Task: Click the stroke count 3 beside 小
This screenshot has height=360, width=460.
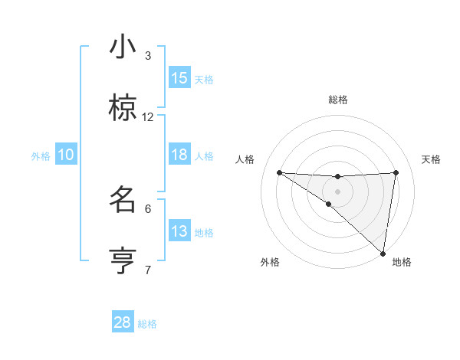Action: [x=148, y=56]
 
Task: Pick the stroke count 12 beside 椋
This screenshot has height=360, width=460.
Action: [x=148, y=117]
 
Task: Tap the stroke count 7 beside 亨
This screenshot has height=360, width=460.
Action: [x=148, y=270]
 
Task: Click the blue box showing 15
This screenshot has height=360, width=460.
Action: [x=179, y=78]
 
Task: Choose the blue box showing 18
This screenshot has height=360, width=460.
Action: [x=179, y=155]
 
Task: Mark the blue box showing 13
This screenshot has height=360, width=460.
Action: [x=179, y=231]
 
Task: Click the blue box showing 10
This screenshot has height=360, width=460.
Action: [x=66, y=155]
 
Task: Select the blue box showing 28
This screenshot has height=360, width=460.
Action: [x=123, y=322]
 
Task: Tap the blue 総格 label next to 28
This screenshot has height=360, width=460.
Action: [x=147, y=324]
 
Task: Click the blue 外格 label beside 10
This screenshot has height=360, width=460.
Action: [x=41, y=156]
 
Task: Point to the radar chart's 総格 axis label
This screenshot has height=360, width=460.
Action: [x=338, y=100]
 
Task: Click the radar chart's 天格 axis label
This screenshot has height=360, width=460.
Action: [x=432, y=159]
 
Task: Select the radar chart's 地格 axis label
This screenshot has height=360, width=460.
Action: [x=402, y=262]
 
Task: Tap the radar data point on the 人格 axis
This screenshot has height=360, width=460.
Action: [x=279, y=172]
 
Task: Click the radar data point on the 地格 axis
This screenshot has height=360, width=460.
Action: [x=383, y=253]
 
